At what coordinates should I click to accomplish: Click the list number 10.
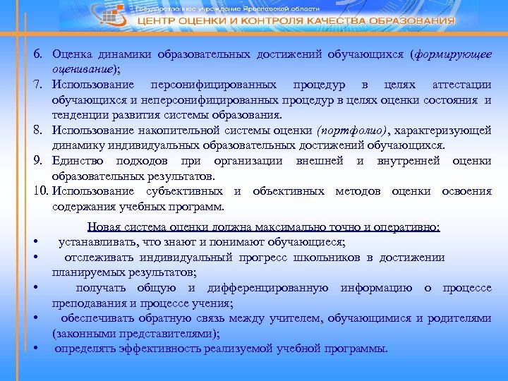39,191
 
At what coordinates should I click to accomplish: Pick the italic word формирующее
456,55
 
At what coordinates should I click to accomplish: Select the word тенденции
82,116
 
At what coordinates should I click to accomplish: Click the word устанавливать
99,242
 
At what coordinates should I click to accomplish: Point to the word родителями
462,318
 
